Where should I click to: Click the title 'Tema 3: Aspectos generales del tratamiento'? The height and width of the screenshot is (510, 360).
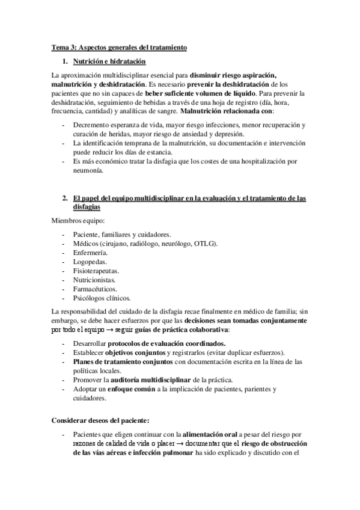point(120,47)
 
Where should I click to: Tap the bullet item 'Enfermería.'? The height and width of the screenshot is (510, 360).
point(91,254)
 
